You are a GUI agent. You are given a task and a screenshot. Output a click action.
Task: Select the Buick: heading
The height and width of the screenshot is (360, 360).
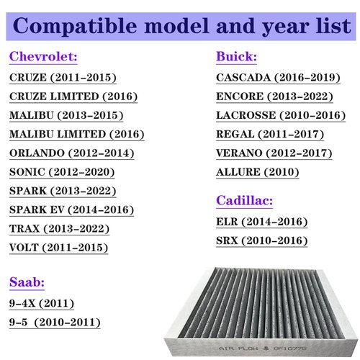(x=237, y=57)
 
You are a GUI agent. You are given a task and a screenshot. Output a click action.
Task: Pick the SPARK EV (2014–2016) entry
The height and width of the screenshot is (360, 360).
(x=72, y=210)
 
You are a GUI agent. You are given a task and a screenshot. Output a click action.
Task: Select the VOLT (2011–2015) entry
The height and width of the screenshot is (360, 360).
(x=59, y=248)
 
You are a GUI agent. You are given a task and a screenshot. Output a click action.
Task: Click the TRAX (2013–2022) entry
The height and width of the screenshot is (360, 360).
(x=60, y=229)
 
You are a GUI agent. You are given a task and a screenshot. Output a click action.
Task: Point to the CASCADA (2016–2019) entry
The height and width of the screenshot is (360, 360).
(x=274, y=77)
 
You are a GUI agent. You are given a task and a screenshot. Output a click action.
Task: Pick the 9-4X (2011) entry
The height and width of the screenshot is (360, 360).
(x=42, y=303)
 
